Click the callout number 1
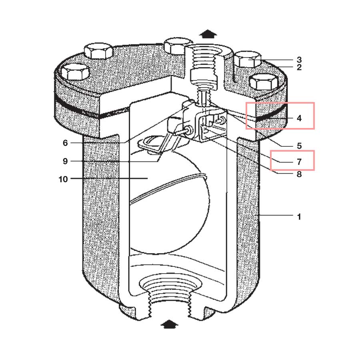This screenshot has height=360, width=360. point(299,217)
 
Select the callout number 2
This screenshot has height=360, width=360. point(299,68)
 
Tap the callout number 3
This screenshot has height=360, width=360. point(299,60)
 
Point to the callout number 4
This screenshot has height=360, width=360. point(299,118)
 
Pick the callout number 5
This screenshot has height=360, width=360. point(299,146)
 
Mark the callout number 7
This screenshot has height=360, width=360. point(299,162)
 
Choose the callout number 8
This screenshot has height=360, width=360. point(299,174)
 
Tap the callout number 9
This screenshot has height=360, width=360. point(65,161)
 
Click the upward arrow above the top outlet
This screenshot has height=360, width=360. point(208,33)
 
